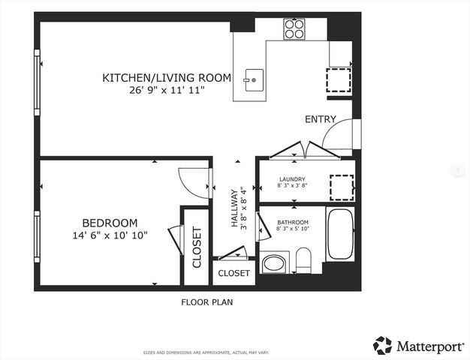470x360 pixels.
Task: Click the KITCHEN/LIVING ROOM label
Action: coord(166,77)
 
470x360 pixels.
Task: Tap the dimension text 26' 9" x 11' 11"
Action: coord(166,90)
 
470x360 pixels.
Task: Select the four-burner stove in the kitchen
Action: coord(294,28)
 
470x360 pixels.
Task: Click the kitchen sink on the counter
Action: coord(253,79)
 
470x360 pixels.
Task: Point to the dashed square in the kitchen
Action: coord(339,79)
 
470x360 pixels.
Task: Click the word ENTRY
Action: coord(320,120)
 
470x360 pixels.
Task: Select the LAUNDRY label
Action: coord(292,179)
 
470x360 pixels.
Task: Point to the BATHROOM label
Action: coord(292,223)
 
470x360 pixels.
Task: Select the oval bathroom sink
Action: coord(274,264)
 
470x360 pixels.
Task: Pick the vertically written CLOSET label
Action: coord(197,247)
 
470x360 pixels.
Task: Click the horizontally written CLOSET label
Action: coord(233,274)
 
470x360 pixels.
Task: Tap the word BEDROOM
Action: coord(110,223)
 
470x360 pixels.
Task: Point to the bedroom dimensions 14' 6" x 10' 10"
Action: coord(110,235)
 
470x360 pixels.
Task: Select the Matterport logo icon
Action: coord(383,346)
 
